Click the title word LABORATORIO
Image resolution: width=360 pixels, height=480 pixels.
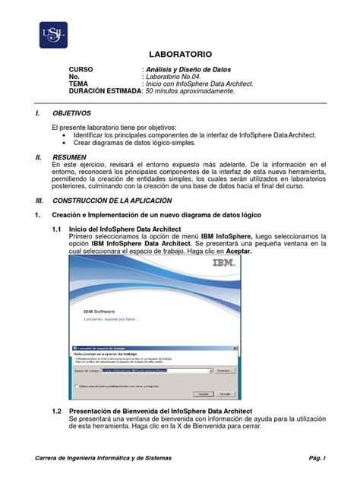[179, 55]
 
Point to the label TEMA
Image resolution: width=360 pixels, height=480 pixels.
[80, 84]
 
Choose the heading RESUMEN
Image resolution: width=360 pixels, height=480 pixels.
[73, 155]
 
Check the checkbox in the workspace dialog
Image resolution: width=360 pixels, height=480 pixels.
[76, 385]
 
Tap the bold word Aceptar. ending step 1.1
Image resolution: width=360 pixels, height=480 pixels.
[234, 251]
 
